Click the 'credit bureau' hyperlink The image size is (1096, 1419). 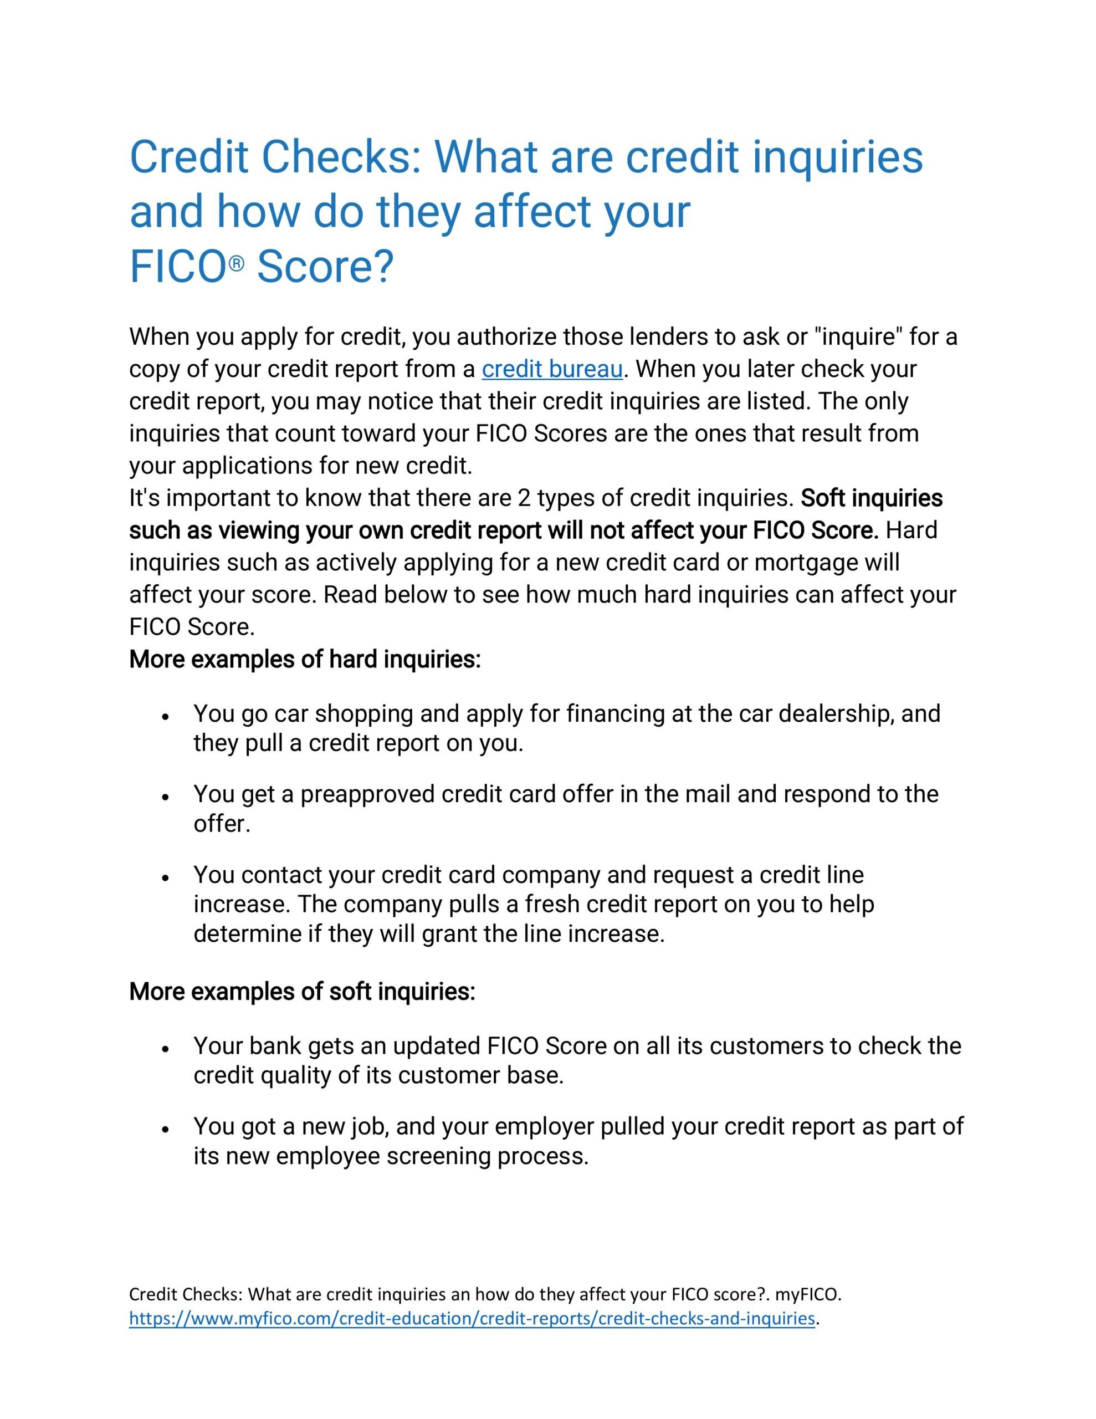point(551,369)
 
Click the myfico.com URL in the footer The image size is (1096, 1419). point(472,1318)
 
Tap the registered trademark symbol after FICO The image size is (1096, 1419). point(237,264)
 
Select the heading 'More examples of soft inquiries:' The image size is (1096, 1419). point(302,992)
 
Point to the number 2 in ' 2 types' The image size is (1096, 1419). point(524,498)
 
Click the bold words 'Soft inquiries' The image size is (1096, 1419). point(871,498)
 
